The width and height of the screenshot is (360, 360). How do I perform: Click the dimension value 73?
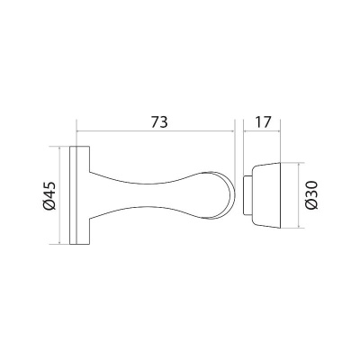(x=159, y=122)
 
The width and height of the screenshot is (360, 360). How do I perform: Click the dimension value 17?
(x=263, y=122)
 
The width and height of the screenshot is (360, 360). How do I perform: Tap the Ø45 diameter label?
(x=49, y=195)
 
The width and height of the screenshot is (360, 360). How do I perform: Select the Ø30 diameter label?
(x=311, y=195)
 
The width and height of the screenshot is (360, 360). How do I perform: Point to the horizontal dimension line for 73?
(x=156, y=131)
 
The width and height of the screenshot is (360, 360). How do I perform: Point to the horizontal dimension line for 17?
(x=262, y=131)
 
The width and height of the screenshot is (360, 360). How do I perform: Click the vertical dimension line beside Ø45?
(x=59, y=195)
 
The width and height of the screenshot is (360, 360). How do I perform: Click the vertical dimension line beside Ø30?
(x=299, y=195)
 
